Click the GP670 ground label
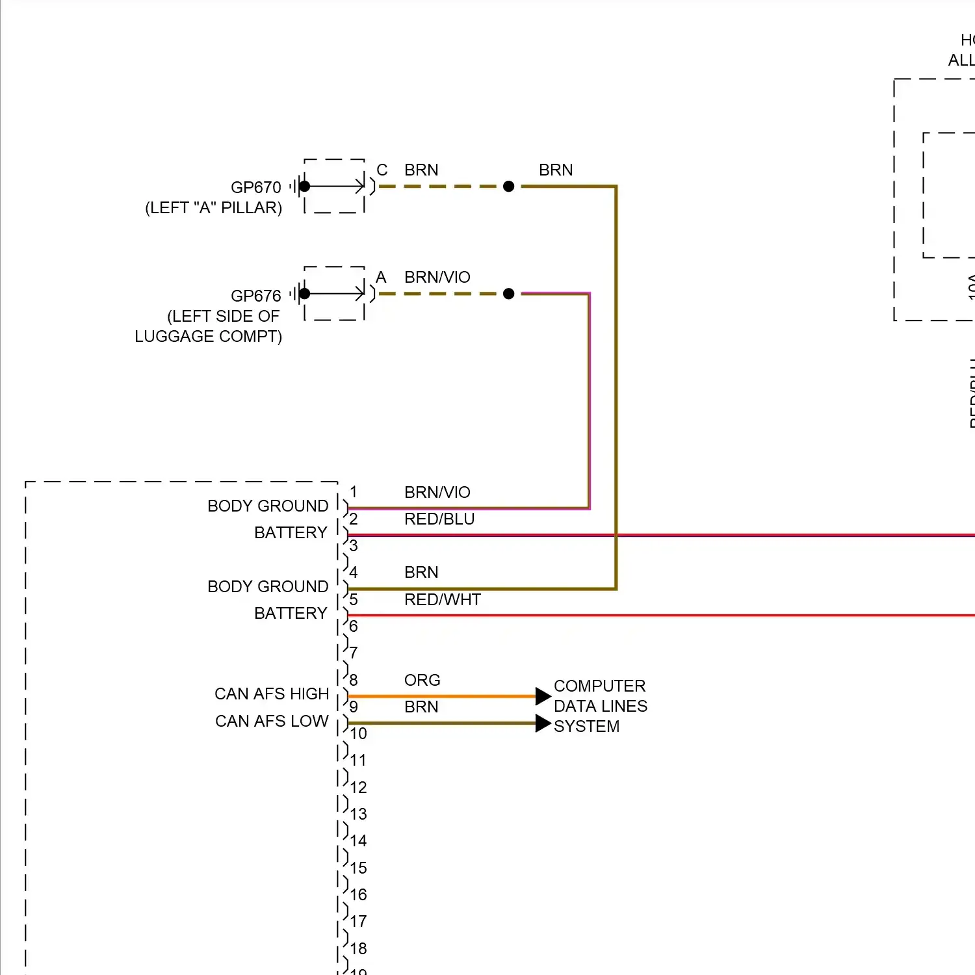(x=255, y=187)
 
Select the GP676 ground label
(x=255, y=296)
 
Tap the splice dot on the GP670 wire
(x=509, y=187)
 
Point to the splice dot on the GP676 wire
(x=509, y=294)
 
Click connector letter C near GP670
(x=382, y=170)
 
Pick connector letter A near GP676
(x=382, y=278)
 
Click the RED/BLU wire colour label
(x=439, y=519)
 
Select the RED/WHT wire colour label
(x=443, y=600)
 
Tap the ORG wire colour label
(x=422, y=681)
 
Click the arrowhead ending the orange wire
(x=543, y=696)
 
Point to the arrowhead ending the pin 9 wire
(x=543, y=723)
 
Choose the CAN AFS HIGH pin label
(x=272, y=694)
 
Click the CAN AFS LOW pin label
(x=272, y=721)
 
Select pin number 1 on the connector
(x=353, y=492)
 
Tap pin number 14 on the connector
(x=358, y=841)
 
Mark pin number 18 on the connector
(x=358, y=949)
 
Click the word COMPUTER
(x=600, y=686)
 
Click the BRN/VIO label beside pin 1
(x=437, y=493)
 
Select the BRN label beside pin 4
(x=421, y=573)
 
